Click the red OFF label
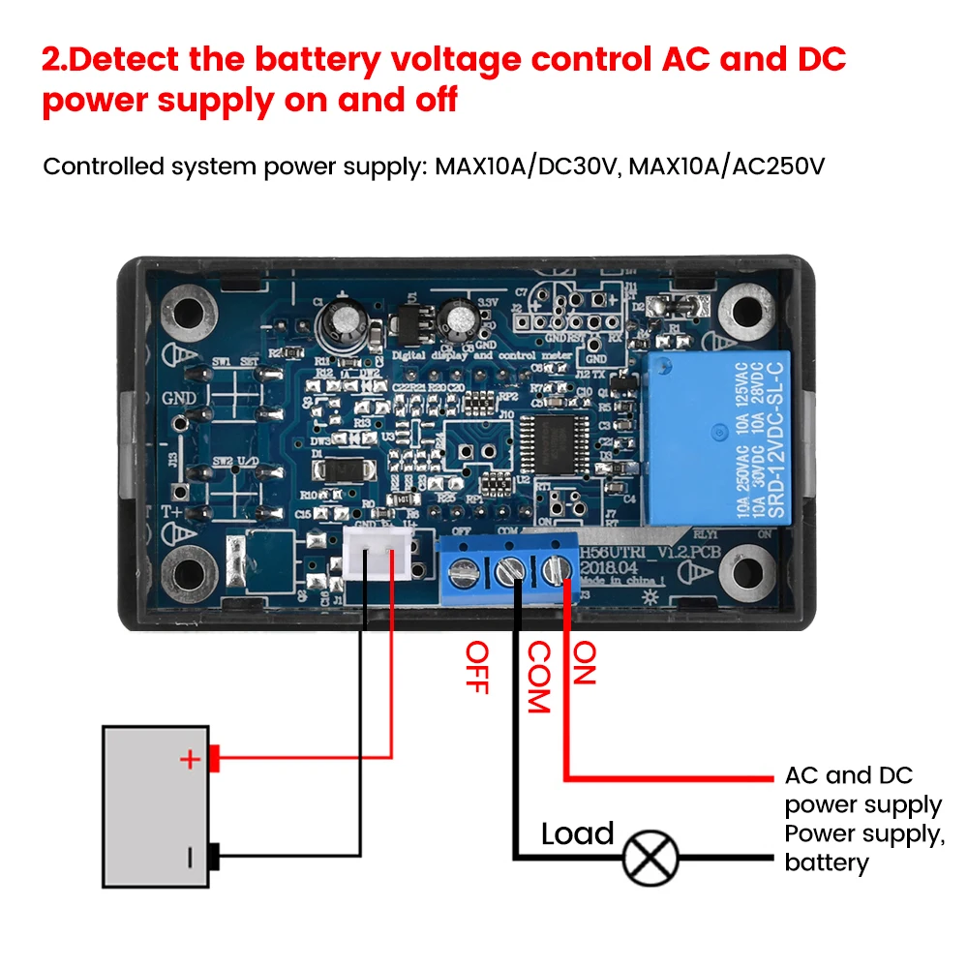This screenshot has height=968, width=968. pyautogui.click(x=475, y=667)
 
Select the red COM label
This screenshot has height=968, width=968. pyautogui.click(x=537, y=678)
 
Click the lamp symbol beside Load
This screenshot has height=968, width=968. pyautogui.click(x=650, y=857)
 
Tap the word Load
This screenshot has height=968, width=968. pyautogui.click(x=577, y=833)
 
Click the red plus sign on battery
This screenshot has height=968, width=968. pyautogui.click(x=190, y=759)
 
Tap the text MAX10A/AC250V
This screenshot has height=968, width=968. pyautogui.click(x=727, y=166)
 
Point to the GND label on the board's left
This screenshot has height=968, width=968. pyautogui.click(x=180, y=398)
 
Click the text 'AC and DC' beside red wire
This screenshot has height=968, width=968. pyautogui.click(x=849, y=775)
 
